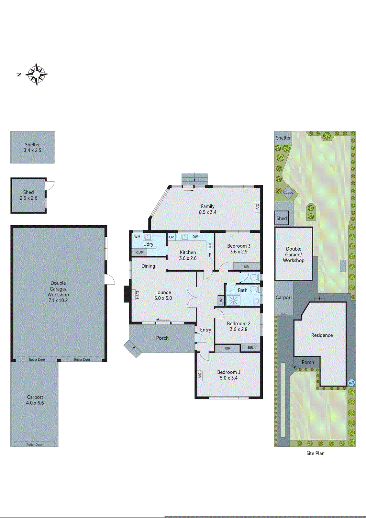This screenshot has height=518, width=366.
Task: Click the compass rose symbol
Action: (x=37, y=74)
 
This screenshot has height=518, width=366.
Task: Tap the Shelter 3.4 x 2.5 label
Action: (x=32, y=147)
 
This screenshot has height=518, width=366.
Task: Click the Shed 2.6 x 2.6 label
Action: (x=28, y=195)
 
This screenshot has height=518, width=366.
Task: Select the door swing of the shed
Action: (x=50, y=186)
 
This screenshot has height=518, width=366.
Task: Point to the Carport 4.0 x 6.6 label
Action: (x=35, y=400)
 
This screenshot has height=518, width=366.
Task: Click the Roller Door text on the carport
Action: (x=34, y=445)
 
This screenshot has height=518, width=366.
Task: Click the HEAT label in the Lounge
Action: (x=138, y=295)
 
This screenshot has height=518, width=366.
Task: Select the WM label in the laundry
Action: (x=137, y=237)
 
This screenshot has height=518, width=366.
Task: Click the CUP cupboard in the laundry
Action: (x=139, y=252)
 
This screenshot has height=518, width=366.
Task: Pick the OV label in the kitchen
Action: (x=172, y=237)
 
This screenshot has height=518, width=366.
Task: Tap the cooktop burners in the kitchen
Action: (x=210, y=245)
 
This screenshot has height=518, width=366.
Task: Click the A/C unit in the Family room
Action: (x=258, y=207)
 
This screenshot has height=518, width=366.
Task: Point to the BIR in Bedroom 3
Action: (x=246, y=267)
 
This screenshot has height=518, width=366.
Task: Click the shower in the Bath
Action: (x=233, y=300)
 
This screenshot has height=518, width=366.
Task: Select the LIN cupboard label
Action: (x=221, y=301)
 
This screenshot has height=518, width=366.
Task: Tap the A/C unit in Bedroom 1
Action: (x=199, y=375)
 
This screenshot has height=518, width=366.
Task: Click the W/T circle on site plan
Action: (x=351, y=383)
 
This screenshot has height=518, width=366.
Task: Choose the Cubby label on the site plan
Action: (x=288, y=192)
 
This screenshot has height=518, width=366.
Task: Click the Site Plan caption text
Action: (x=315, y=453)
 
